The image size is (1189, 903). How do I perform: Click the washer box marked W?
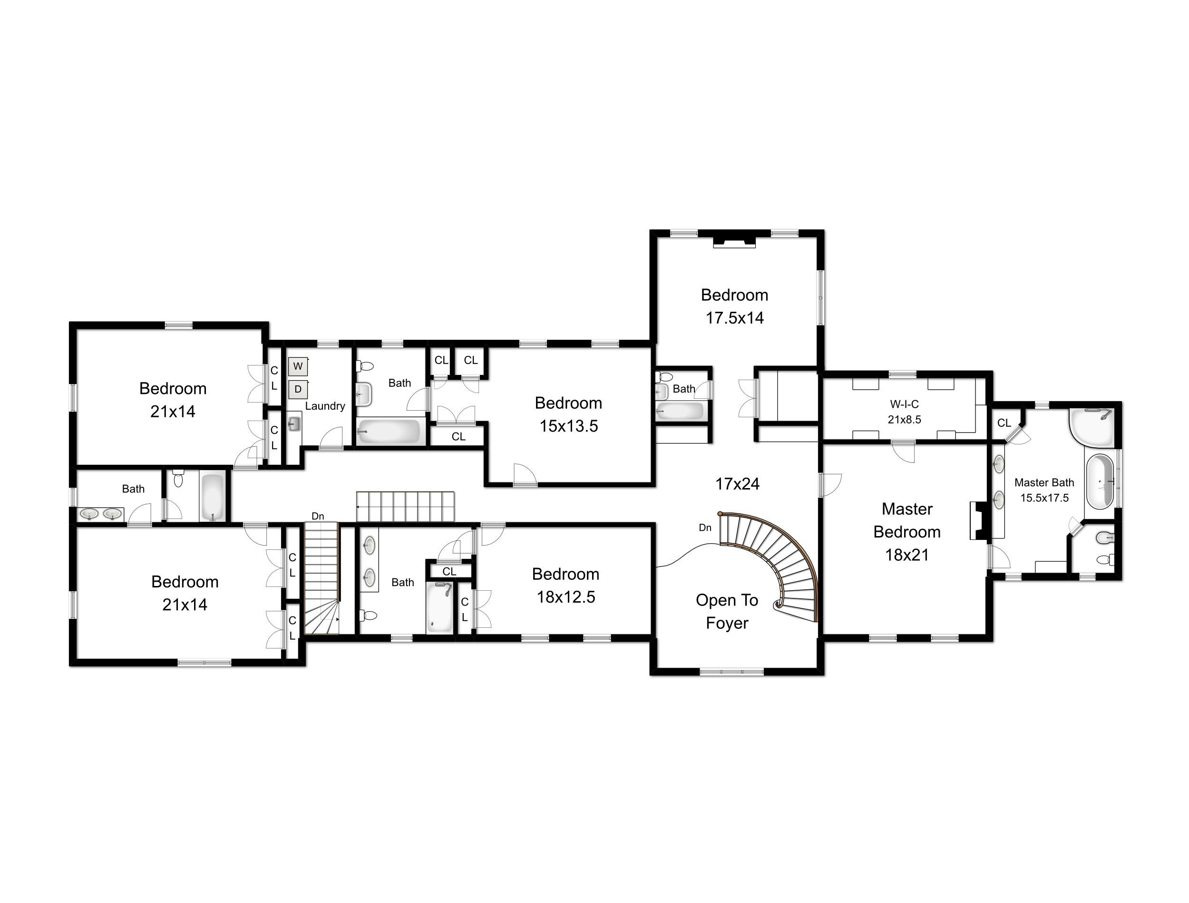click(x=297, y=366)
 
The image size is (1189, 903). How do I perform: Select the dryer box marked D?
click(x=297, y=389)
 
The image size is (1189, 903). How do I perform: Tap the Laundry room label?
click(x=325, y=406)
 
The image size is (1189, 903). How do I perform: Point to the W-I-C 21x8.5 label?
click(x=904, y=412)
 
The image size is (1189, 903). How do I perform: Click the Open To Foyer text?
click(x=727, y=611)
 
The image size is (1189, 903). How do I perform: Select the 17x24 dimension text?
click(x=737, y=484)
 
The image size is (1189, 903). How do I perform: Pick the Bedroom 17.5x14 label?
click(x=735, y=307)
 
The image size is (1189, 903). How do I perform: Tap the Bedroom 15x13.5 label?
click(x=568, y=414)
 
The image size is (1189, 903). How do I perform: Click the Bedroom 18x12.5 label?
click(x=566, y=586)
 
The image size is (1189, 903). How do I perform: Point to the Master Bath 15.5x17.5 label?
click(x=1044, y=490)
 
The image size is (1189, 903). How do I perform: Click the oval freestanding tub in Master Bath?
click(x=1100, y=481)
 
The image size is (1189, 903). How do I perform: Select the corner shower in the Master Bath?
click(x=1091, y=426)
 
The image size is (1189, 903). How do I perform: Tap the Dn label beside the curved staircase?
click(x=705, y=528)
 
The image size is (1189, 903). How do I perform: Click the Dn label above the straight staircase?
click(x=318, y=517)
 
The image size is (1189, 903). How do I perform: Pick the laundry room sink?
click(x=293, y=424)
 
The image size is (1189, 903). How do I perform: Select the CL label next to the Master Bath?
click(x=1004, y=423)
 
